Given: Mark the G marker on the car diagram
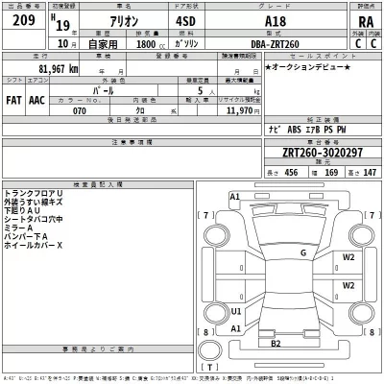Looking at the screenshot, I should pos(302,253).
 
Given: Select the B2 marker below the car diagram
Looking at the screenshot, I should pos(276,343).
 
